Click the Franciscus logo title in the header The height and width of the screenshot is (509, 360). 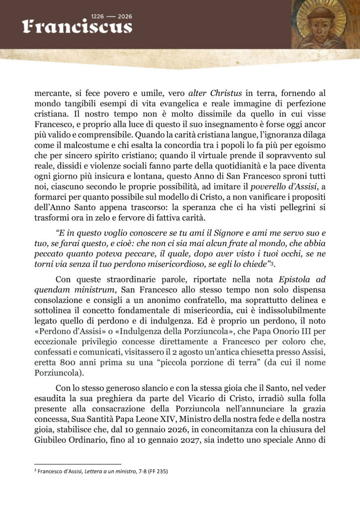(77, 26)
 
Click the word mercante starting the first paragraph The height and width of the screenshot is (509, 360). (51, 92)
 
